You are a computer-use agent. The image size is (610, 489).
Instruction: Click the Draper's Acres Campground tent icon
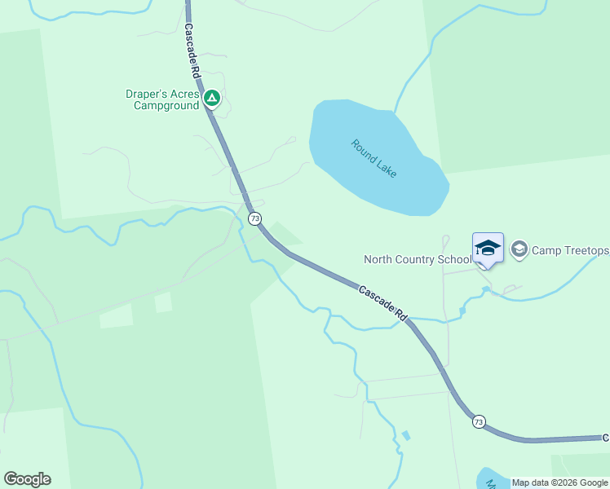[212, 99]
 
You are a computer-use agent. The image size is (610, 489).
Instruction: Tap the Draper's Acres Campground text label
[163, 100]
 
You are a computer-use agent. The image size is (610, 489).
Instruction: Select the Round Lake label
[374, 159]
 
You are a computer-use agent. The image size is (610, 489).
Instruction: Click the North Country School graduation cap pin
[488, 249]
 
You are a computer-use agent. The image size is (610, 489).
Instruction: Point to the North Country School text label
[417, 260]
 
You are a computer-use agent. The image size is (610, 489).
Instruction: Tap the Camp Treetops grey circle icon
[519, 249]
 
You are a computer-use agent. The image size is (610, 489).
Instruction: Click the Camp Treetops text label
[570, 250]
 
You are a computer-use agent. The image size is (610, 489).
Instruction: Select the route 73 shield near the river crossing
[255, 218]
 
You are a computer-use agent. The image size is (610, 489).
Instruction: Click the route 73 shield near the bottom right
[479, 421]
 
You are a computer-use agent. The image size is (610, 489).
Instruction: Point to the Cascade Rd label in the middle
[382, 301]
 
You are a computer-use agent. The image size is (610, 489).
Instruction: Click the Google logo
[27, 479]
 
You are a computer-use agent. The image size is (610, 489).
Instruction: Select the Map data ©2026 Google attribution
[559, 482]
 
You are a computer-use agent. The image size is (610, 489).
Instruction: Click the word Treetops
[585, 250]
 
